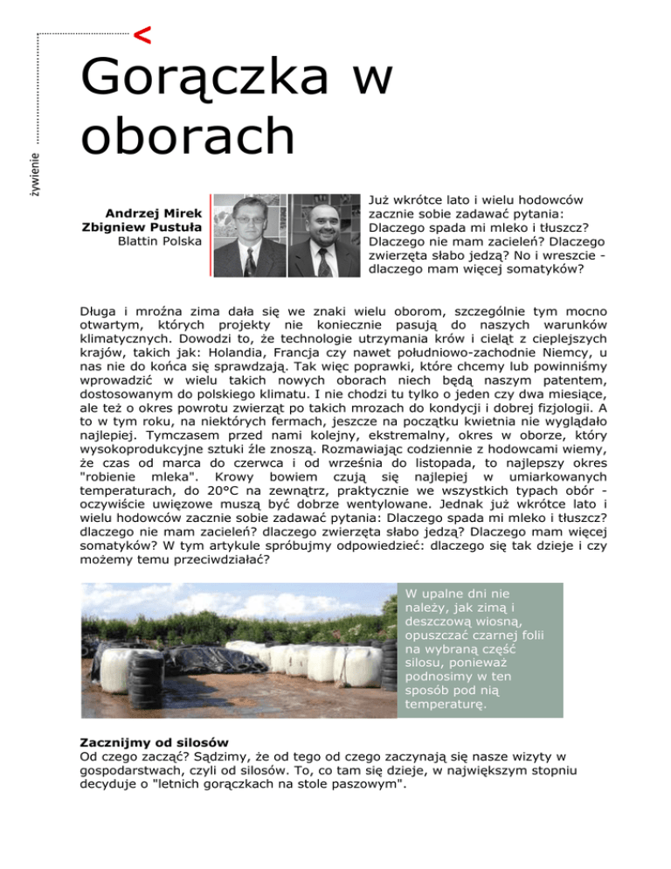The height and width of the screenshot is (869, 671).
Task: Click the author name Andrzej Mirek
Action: point(154,213)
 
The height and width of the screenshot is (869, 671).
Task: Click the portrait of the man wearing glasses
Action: point(249,235)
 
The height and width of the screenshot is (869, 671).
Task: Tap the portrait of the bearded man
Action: point(323,235)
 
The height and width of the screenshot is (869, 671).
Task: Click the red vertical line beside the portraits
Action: point(211,235)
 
